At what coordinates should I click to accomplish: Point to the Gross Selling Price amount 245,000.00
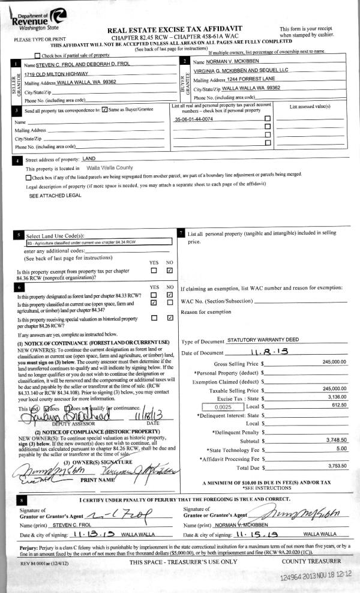coord(334,362)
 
